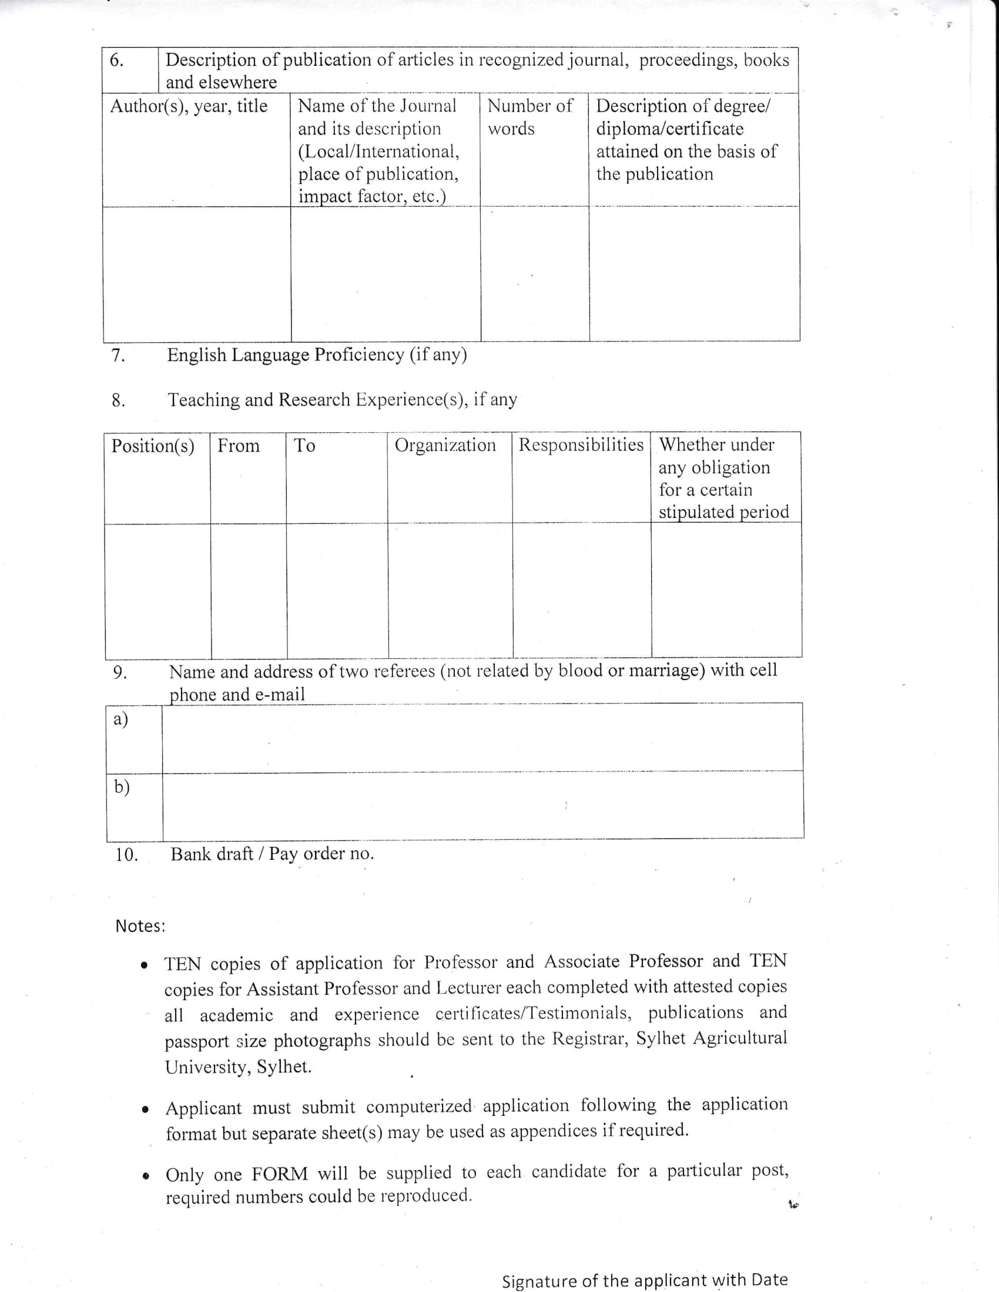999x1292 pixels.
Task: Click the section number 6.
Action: click(x=117, y=60)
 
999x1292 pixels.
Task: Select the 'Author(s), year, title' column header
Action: click(x=189, y=106)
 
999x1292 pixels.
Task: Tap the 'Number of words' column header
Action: click(x=529, y=117)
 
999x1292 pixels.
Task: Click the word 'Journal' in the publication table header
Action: click(x=428, y=106)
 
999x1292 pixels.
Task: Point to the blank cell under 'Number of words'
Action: click(x=534, y=273)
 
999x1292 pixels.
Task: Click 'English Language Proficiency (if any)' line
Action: click(x=317, y=355)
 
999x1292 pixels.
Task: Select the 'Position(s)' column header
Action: click(x=153, y=446)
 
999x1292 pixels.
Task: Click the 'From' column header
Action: click(x=239, y=446)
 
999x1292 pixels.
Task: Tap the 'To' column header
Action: click(x=305, y=446)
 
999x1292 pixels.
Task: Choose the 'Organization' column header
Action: click(x=445, y=445)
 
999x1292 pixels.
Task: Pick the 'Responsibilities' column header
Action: click(x=581, y=445)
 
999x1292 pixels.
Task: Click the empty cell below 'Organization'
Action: click(x=450, y=590)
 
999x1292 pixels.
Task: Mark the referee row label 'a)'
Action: click(x=120, y=719)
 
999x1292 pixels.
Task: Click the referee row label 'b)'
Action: click(x=121, y=787)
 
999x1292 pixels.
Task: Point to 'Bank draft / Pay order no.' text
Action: click(x=272, y=854)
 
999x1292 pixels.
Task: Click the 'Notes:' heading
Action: click(x=140, y=926)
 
